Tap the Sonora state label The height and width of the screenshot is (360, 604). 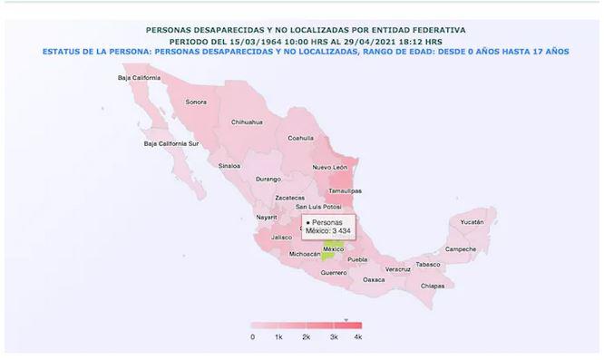tap(196, 102)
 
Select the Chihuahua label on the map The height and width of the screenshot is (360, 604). tap(246, 122)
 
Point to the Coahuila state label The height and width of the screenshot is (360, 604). tap(300, 139)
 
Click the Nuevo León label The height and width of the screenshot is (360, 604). tap(329, 168)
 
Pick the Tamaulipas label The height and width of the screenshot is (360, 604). tap(345, 190)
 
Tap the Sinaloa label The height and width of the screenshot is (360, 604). tap(229, 166)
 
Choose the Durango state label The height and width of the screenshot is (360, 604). tap(268, 180)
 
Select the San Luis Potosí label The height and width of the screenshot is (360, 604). tap(313, 207)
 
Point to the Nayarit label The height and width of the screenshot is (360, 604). tap(266, 218)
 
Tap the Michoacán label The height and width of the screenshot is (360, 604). tap(304, 255)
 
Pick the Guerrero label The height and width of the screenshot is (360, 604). tap(334, 272)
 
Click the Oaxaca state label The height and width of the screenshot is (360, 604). tap(374, 279)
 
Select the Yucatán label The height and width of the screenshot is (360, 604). tap(472, 221)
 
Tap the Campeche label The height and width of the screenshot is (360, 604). tap(460, 249)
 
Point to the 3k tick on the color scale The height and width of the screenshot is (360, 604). tap(334, 336)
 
